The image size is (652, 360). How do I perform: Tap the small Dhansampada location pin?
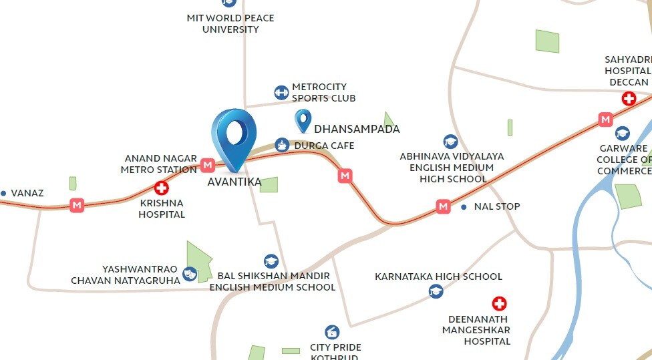pyautogui.click(x=303, y=120)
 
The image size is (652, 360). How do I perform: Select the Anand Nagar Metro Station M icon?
pyautogui.click(x=207, y=164)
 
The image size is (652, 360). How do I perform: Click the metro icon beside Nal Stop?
pyautogui.click(x=443, y=206)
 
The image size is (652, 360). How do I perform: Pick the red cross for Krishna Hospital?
pyautogui.click(x=161, y=188)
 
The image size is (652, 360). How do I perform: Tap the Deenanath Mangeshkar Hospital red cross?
pyautogui.click(x=499, y=304)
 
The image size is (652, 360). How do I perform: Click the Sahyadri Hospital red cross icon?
pyautogui.click(x=629, y=99)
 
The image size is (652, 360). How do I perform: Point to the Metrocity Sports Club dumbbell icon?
pyautogui.click(x=281, y=92)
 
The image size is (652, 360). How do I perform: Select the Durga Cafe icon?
pyautogui.click(x=282, y=145)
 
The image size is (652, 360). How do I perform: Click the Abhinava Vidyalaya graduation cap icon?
pyautogui.click(x=451, y=141)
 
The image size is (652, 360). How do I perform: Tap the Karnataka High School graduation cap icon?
pyautogui.click(x=436, y=291)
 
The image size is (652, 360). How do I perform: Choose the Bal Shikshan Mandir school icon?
pyautogui.click(x=271, y=261)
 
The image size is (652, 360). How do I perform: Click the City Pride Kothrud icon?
pyautogui.click(x=332, y=332)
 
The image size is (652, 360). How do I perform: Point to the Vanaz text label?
pyautogui.click(x=27, y=193)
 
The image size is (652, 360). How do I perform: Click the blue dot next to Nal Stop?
pyautogui.click(x=464, y=207)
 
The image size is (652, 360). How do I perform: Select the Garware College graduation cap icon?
pyautogui.click(x=622, y=134)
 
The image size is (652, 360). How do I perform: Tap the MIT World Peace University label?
pyautogui.click(x=230, y=23)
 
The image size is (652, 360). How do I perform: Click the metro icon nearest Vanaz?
pyautogui.click(x=77, y=205)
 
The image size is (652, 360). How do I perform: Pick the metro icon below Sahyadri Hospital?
pyautogui.click(x=605, y=120)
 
